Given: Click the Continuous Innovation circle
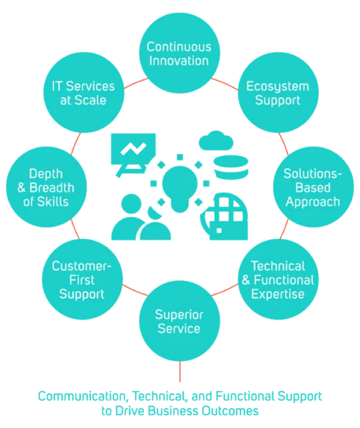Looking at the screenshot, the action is point(180,53).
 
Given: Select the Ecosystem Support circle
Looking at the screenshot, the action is point(278,93).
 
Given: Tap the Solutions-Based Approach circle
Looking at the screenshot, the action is point(314,187).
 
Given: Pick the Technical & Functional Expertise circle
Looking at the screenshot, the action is point(278,279).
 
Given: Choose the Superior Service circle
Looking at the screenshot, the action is point(180,321).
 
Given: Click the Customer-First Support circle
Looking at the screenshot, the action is point(83,279).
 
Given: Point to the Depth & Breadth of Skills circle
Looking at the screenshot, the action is point(46,187).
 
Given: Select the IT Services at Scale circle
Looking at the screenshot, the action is point(83,93).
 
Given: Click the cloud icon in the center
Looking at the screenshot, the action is point(216,141).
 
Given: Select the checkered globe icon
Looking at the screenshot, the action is point(224,216).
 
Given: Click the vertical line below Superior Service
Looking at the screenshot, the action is point(180,372).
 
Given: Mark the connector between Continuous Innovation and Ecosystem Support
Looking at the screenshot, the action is point(225,84).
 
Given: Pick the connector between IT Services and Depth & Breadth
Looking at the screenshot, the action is point(76,143).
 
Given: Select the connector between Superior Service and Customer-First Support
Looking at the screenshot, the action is point(135,290).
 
